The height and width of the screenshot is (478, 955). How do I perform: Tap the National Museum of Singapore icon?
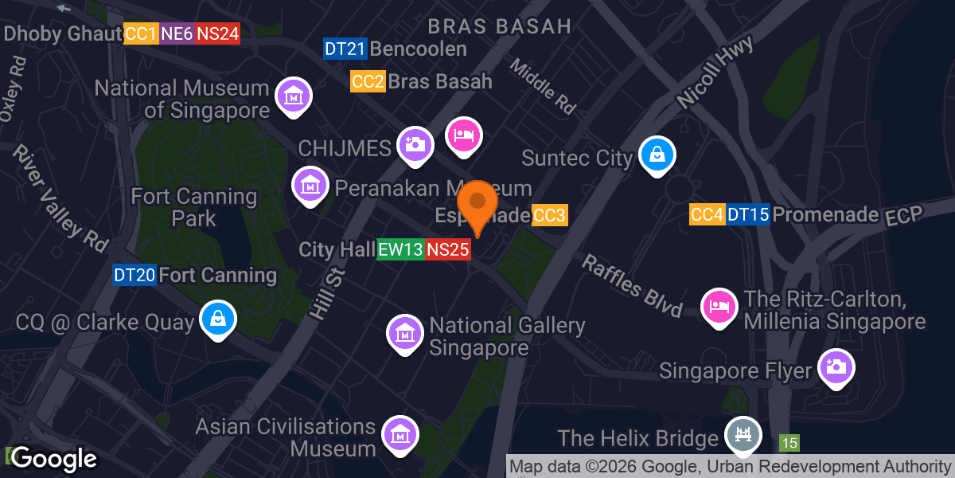(293, 96)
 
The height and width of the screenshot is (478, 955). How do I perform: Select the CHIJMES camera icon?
(415, 143)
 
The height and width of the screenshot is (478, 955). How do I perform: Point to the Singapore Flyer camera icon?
(836, 366)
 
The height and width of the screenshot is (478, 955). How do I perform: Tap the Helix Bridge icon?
(744, 435)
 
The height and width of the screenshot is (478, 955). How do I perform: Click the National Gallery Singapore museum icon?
(405, 332)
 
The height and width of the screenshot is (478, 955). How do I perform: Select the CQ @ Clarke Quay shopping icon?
(217, 318)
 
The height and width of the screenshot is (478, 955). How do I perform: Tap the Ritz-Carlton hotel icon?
(719, 306)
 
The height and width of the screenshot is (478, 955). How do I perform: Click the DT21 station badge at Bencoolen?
(345, 49)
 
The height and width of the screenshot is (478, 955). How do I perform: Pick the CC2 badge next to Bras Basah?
(368, 81)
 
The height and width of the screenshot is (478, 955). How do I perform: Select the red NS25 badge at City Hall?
(447, 249)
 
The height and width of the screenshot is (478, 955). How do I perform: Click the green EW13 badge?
(400, 249)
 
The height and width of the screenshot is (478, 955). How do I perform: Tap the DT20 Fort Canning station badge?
(134, 276)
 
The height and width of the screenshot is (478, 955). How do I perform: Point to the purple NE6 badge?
(176, 33)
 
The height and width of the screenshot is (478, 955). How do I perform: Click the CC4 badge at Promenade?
(707, 214)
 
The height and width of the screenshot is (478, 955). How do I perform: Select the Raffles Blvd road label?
(633, 285)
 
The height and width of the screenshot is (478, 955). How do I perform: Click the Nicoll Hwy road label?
(705, 76)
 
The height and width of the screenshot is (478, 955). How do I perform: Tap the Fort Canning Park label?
(193, 206)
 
